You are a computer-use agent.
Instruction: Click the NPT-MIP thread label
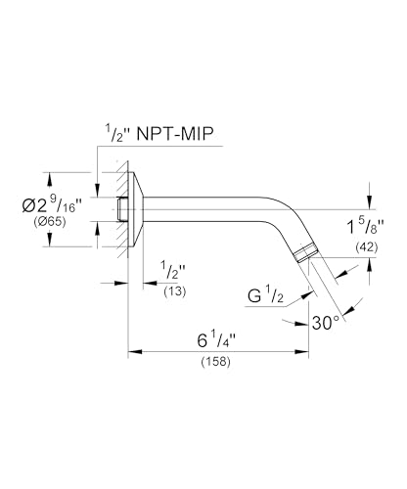[x=175, y=134]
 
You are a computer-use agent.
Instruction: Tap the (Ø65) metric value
[x=50, y=222]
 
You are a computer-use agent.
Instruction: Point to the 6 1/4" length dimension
[x=216, y=340]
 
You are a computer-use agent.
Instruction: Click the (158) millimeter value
[x=216, y=361]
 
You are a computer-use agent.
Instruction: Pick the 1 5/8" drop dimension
[x=364, y=226]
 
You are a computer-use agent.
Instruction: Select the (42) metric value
[x=366, y=247]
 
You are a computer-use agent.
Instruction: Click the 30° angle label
[x=326, y=323]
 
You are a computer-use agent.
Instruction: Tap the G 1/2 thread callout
[x=265, y=295]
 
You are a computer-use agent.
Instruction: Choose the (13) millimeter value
[x=175, y=291]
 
